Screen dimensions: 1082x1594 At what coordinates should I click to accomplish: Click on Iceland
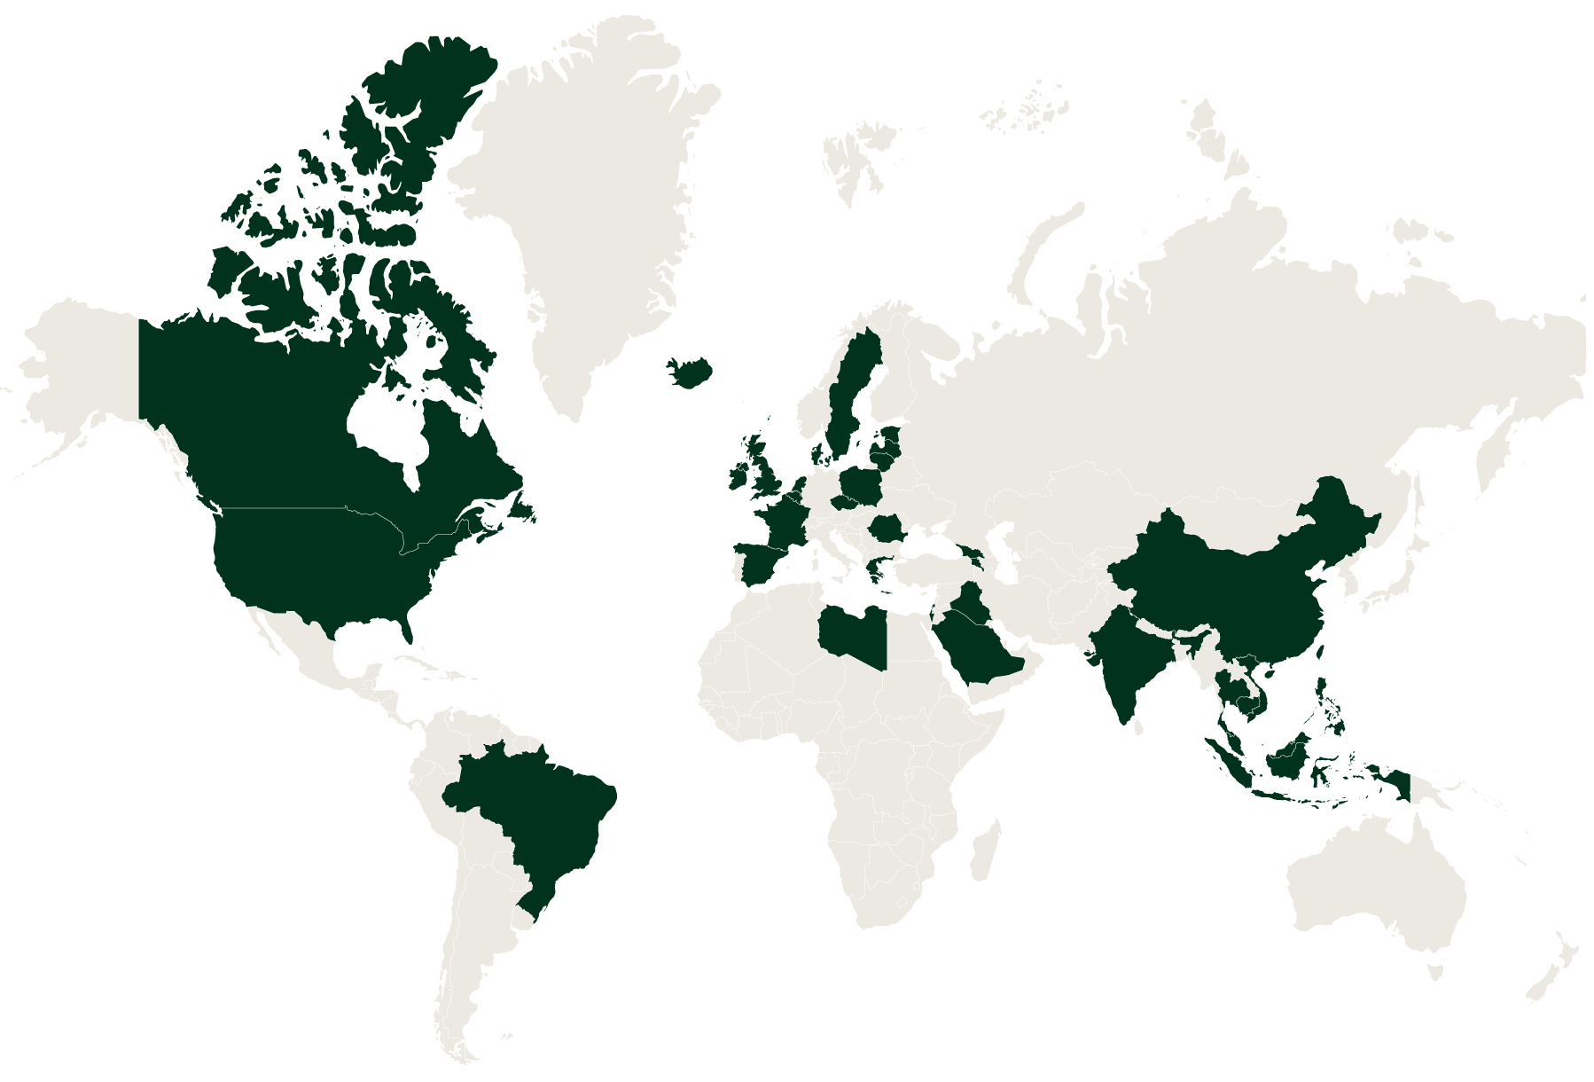[692, 371]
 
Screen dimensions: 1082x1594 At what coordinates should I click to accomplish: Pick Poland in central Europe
[860, 485]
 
